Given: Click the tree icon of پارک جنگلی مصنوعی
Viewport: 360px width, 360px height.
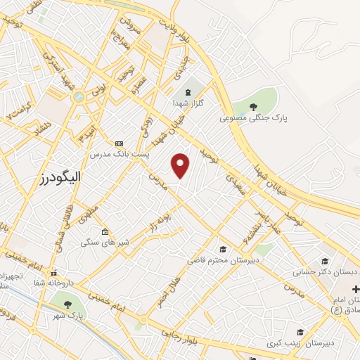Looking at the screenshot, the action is coord(253,107).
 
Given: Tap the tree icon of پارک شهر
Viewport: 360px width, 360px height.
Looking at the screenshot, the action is coord(68,304).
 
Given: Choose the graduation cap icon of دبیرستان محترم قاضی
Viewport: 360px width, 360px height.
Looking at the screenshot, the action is coord(223,250).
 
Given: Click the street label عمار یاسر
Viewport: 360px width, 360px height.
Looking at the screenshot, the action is coord(267,219).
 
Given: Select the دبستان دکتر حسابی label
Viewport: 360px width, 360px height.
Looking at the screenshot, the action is coord(335,271).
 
